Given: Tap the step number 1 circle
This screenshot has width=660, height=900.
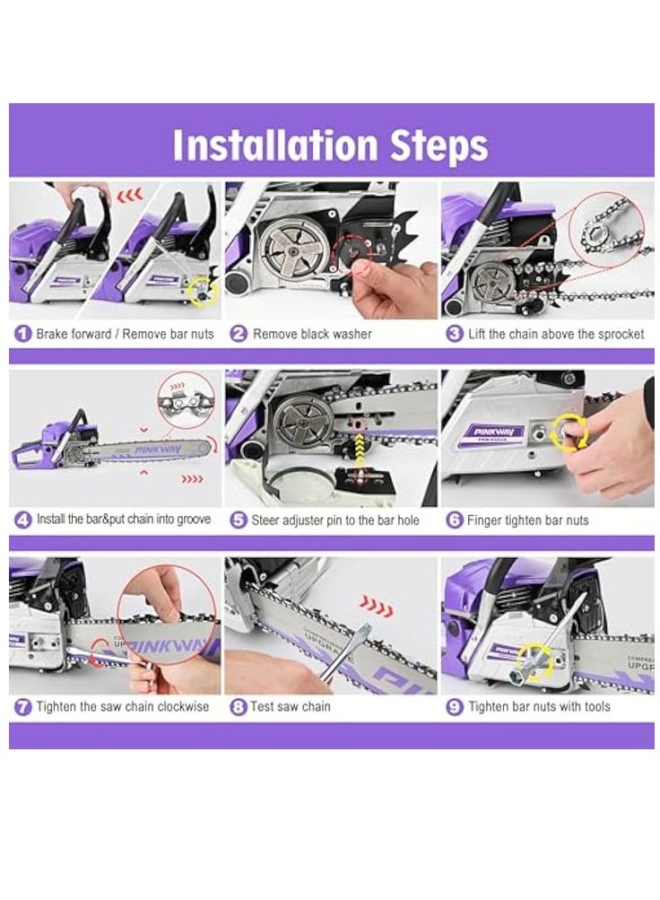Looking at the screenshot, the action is click(22, 334).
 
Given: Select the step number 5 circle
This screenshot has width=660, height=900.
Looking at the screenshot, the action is click(238, 520).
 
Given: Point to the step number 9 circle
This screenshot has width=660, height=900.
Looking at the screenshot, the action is click(454, 706).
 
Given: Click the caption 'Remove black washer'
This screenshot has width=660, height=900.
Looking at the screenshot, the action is click(312, 334).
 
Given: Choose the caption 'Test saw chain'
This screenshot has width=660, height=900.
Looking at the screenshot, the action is click(291, 706).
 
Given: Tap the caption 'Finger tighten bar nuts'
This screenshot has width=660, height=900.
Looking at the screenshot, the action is click(527, 520).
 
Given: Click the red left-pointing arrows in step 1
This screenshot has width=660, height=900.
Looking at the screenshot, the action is click(130, 196).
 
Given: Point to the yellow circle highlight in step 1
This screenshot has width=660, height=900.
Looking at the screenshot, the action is click(204, 291).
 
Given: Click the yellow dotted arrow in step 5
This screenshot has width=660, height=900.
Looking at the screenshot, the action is click(360, 450).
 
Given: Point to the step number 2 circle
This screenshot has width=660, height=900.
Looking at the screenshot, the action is click(238, 334).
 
